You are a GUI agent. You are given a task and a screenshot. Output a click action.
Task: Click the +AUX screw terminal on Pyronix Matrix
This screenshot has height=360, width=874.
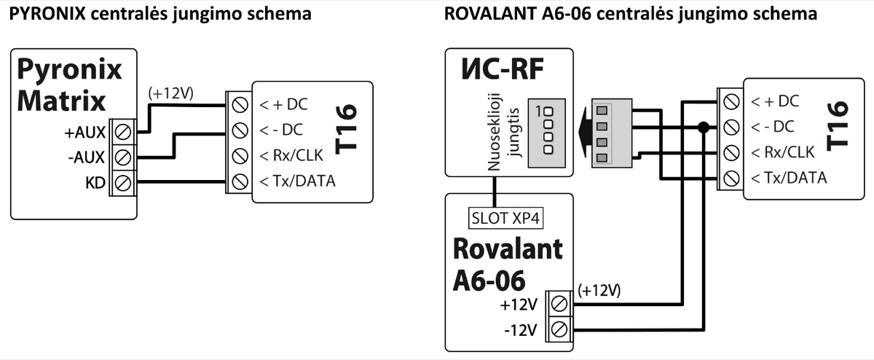(124, 132)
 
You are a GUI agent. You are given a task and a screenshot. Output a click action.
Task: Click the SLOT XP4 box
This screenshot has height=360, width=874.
(495, 216)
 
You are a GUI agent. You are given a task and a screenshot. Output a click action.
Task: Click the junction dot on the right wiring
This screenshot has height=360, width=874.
(703, 127)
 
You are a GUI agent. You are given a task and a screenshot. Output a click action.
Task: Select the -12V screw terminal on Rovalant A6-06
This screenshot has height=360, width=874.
(561, 329)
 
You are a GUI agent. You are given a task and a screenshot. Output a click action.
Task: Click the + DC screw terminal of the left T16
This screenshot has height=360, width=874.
(239, 104)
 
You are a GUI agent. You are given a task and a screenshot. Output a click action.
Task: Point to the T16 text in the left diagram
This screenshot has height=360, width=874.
(348, 129)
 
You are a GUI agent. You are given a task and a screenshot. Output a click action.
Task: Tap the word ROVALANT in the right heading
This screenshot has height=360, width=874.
(486, 14)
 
